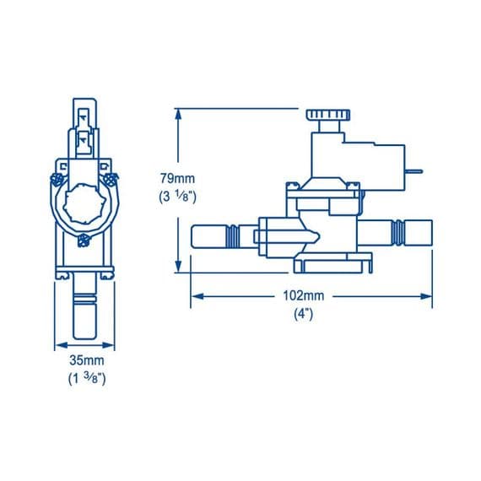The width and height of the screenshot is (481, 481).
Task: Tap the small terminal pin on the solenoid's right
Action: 414,171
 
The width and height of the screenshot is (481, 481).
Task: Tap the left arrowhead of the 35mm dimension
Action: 58,343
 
